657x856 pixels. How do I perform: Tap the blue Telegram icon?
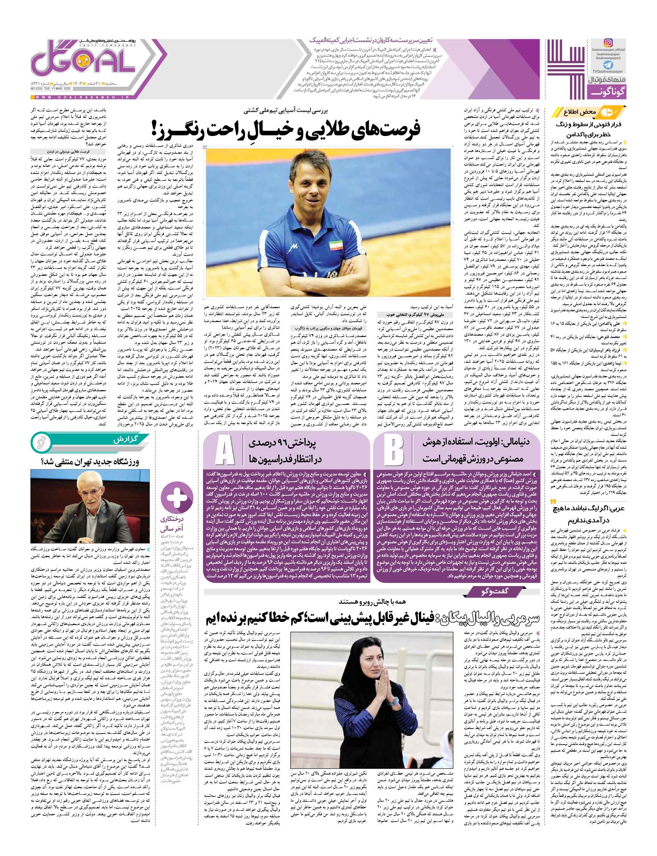point(608,65)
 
